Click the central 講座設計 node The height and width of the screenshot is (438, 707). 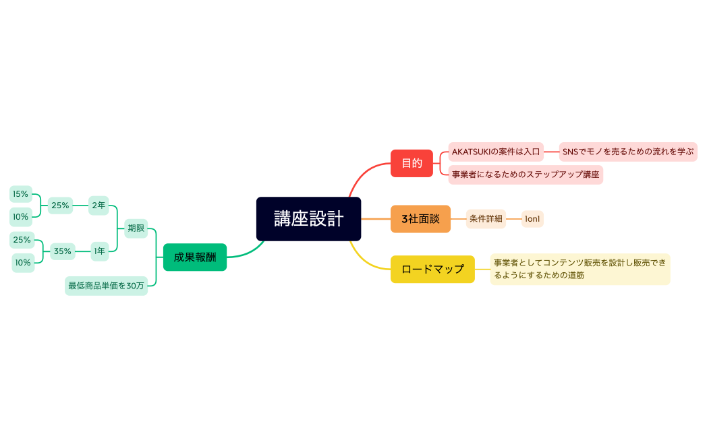tap(308, 219)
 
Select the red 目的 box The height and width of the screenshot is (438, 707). tap(412, 163)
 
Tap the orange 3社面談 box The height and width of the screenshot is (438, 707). tap(420, 219)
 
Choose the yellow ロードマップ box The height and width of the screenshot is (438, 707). tap(432, 269)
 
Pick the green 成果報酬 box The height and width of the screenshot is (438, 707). tap(195, 257)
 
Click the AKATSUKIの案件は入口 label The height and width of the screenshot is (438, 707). tap(496, 152)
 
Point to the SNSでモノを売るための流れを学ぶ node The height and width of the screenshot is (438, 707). tap(628, 152)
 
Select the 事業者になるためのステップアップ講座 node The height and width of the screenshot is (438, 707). tap(526, 175)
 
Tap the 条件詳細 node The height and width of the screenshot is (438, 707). tap(486, 219)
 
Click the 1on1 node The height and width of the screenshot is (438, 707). tap(532, 219)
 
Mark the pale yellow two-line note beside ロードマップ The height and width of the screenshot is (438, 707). tap(579, 269)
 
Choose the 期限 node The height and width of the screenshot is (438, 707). tap(136, 228)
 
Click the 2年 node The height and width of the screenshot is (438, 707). tap(98, 206)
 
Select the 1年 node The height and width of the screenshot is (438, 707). tap(99, 251)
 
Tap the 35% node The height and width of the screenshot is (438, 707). tap(62, 251)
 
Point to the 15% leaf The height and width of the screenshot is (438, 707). tap(21, 194)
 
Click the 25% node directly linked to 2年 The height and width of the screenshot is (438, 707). tap(60, 206)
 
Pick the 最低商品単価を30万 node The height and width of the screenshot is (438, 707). tap(106, 286)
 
